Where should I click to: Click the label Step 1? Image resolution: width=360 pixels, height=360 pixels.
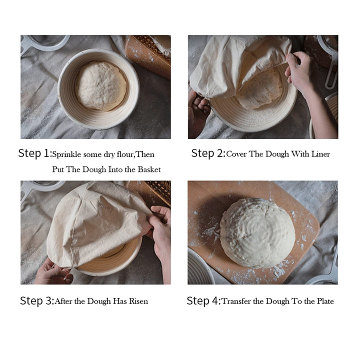[x=34, y=153]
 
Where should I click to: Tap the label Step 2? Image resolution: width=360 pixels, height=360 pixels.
[x=208, y=153]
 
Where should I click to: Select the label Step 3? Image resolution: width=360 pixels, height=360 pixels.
[x=36, y=301]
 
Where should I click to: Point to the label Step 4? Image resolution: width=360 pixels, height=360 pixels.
[x=203, y=301]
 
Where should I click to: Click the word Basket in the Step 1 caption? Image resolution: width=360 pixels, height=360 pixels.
[x=148, y=169]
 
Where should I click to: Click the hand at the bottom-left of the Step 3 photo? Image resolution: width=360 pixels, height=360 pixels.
[x=52, y=273]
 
